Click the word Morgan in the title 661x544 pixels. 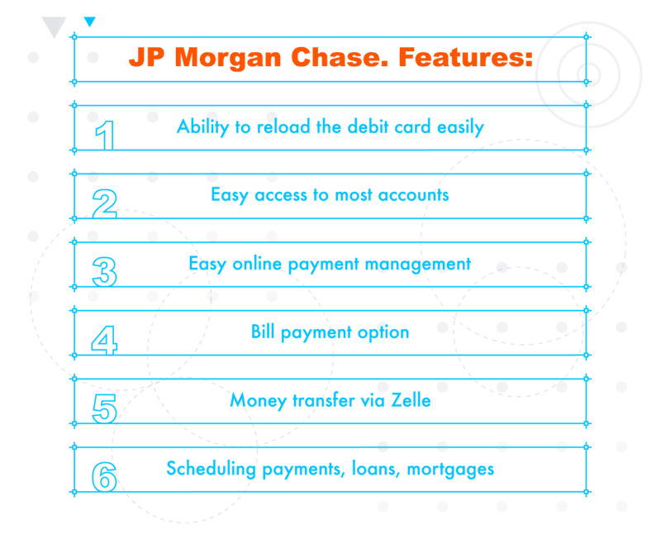pos(228,58)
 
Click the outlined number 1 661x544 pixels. pos(105,136)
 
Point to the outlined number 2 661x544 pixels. pos(105,203)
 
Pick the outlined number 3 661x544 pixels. pos(105,272)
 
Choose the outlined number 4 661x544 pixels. pos(104,340)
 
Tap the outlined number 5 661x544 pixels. pos(105,408)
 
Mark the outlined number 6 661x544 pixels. pos(105,476)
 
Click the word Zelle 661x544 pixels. pos(411,400)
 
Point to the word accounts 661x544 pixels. pos(414,195)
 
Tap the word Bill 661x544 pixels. pos(263,332)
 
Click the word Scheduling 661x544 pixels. pos(212,470)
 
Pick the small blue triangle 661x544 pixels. pos(90,21)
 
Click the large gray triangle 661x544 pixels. pos(54,27)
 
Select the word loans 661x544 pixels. pos(376,469)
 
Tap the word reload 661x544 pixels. pos(283,126)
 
